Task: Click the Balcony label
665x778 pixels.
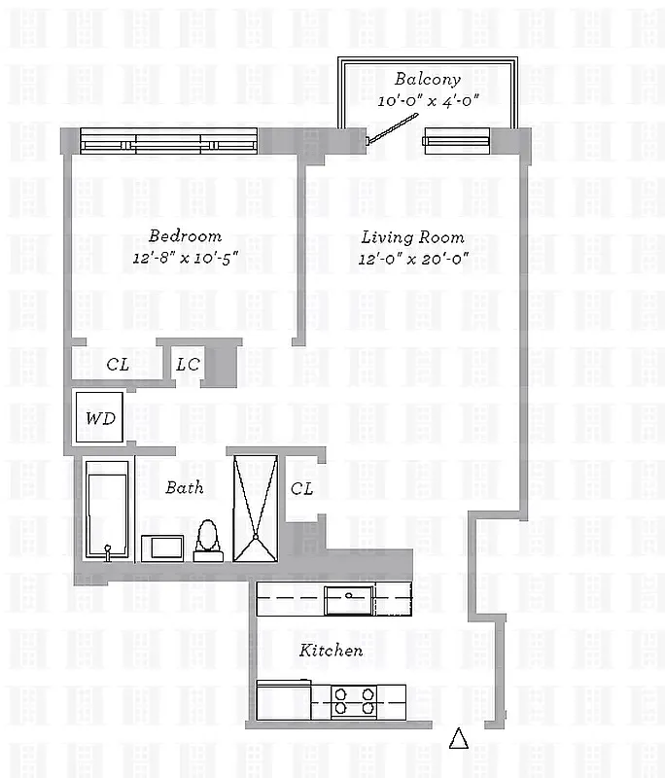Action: point(427,80)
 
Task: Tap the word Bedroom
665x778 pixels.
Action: point(184,236)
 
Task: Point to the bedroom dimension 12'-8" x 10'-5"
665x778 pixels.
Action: point(184,258)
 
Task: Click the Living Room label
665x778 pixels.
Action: point(412,237)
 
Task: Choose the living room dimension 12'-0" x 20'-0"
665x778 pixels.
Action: point(412,259)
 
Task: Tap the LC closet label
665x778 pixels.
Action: point(188,365)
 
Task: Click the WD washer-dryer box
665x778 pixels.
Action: point(100,418)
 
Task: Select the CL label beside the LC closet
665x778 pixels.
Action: point(118,365)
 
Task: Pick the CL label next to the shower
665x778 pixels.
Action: point(301,488)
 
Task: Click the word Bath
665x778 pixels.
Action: point(184,487)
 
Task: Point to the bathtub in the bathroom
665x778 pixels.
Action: point(106,510)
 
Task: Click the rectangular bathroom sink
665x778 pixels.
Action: point(161,548)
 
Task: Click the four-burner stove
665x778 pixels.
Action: point(355,700)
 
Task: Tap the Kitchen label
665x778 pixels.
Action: point(331,651)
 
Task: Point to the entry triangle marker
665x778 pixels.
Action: point(459,739)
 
